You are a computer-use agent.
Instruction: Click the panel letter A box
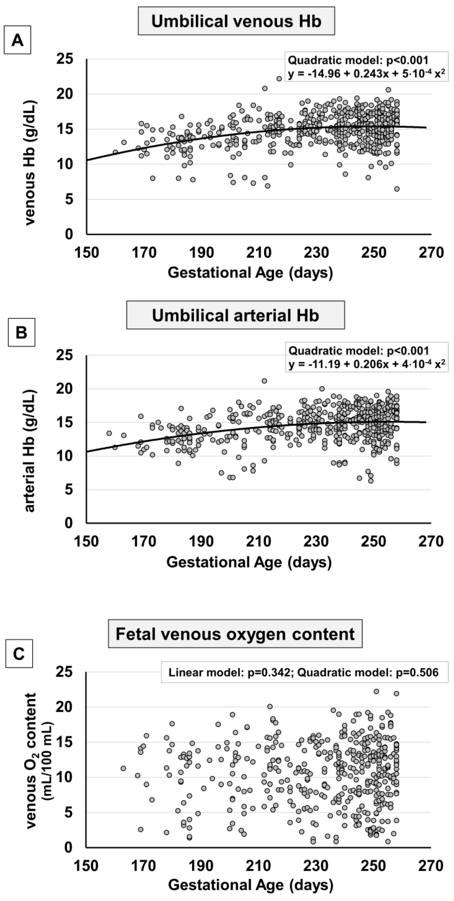tap(18, 41)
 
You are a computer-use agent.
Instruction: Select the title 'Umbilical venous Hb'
tap(236, 21)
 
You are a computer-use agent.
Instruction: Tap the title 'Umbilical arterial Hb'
tap(236, 315)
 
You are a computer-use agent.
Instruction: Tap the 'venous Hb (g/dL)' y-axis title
tap(30, 163)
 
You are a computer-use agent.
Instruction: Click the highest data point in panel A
tap(279, 79)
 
